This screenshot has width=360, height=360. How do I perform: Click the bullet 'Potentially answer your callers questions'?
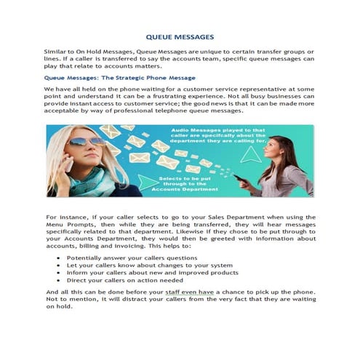pos(121,257)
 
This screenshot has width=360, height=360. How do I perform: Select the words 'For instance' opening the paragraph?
pos(65,217)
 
